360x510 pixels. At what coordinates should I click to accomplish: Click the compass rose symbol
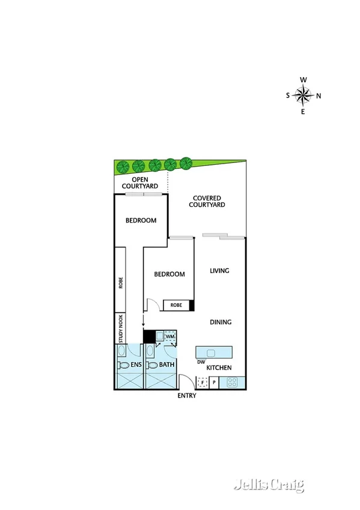point(304,95)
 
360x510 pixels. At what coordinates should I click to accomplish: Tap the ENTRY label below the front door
point(186,396)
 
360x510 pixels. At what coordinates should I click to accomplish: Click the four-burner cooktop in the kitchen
point(232,382)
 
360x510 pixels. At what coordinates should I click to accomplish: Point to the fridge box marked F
point(203,382)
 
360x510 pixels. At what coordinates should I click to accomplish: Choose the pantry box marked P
point(213,382)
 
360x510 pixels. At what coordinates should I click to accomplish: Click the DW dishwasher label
point(201,362)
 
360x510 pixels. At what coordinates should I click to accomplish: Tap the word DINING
point(221,322)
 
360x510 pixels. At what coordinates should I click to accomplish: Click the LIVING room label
point(220,271)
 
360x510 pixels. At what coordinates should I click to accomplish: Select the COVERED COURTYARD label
point(207,201)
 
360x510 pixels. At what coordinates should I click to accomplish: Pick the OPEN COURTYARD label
point(141,183)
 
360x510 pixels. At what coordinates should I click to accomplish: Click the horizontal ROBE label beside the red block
point(176,306)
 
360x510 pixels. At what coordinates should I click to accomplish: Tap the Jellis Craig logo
point(269,484)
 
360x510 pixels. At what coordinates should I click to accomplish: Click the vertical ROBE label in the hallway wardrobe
point(120,283)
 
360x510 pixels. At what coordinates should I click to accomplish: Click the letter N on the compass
point(319,95)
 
